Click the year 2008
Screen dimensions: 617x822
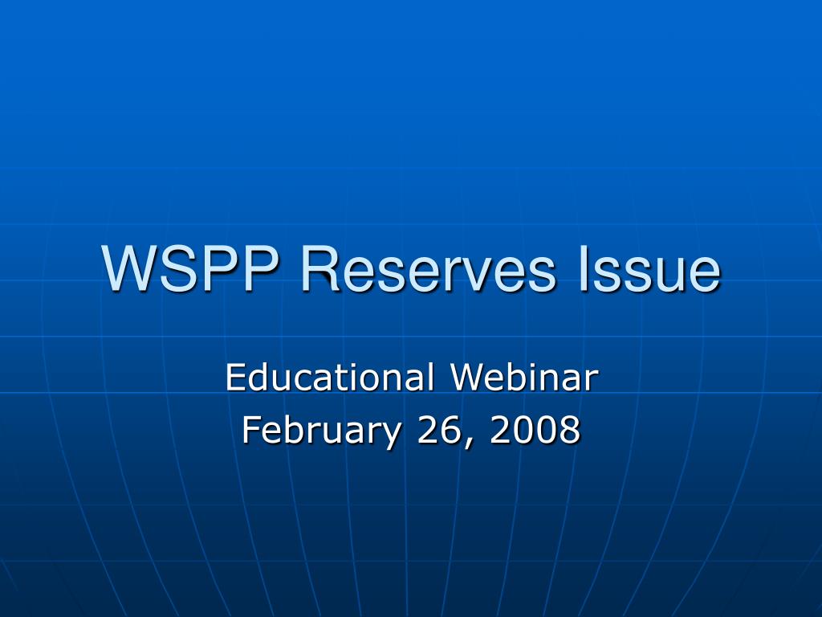pos(536,431)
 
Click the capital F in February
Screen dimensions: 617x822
pos(250,431)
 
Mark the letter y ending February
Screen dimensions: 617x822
pos(391,435)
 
